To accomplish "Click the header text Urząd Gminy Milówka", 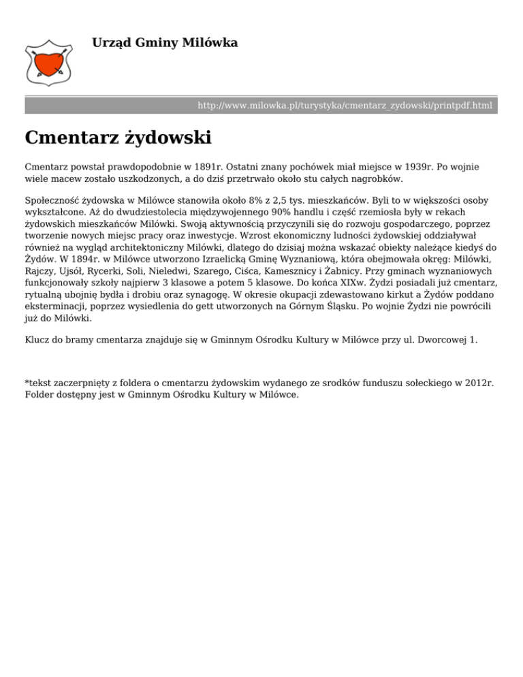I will [x=165, y=43].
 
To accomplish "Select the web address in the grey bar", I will [x=345, y=106].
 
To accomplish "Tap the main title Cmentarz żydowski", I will [x=118, y=138].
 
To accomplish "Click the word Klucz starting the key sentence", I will [x=39, y=338].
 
